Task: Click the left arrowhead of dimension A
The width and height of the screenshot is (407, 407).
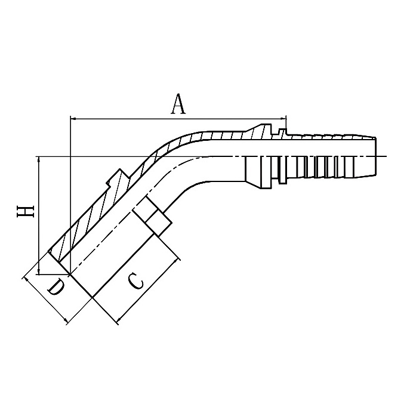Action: click(x=73, y=118)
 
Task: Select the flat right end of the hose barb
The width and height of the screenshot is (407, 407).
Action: click(x=377, y=156)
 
